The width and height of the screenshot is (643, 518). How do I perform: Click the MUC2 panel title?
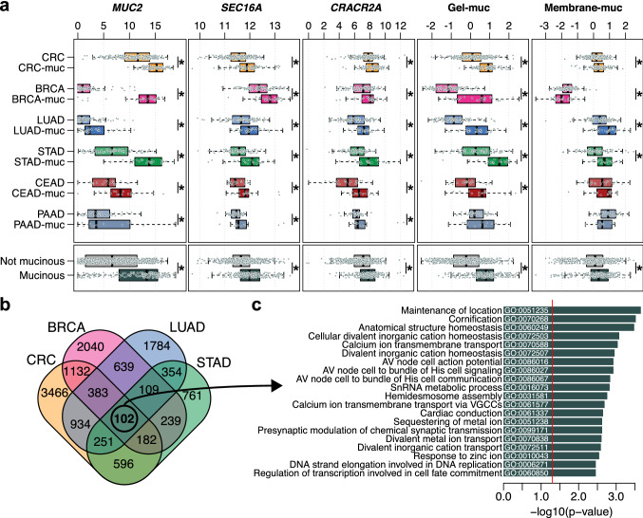(x=128, y=8)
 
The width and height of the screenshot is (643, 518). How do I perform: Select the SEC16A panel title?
(x=244, y=8)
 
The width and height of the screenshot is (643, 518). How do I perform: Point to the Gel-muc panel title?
(x=470, y=8)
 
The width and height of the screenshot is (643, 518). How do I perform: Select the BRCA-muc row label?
(x=41, y=99)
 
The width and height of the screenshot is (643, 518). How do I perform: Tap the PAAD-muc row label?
(x=42, y=225)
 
